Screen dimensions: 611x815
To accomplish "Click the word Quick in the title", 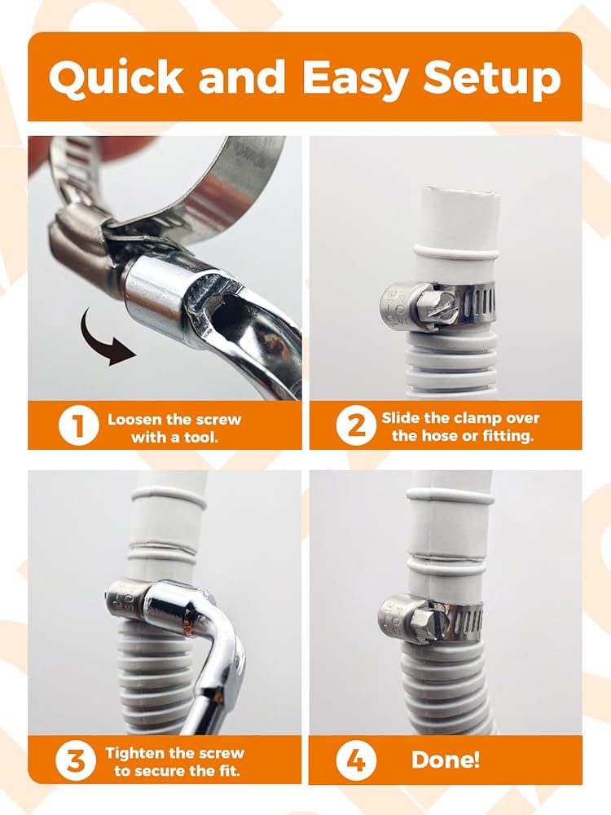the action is (x=116, y=77).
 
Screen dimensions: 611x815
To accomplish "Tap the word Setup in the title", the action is (x=492, y=79).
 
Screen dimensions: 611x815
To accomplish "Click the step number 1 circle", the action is (x=78, y=425).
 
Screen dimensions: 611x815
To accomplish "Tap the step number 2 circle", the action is (x=356, y=425).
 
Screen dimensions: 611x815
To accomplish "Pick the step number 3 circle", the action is (x=76, y=760).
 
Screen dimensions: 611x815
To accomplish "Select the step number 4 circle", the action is (x=356, y=760).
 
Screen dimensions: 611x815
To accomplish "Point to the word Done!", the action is (x=446, y=760).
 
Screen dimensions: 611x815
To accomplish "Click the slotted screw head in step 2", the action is (x=431, y=311).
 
